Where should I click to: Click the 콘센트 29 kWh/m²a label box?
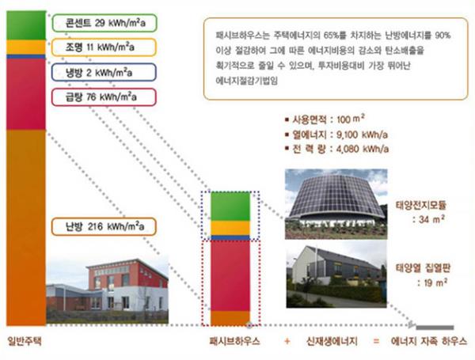[x=104, y=23]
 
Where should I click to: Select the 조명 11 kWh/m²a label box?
[x=104, y=47]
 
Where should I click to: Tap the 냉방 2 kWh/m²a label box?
[x=104, y=72]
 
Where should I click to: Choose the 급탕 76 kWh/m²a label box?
[x=104, y=97]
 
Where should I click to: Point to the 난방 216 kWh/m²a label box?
[x=104, y=226]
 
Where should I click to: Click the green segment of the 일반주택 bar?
[x=26, y=25]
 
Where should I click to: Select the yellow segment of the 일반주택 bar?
[x=26, y=47]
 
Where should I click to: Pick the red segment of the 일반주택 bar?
[x=26, y=94]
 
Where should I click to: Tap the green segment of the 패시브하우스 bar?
[x=230, y=207]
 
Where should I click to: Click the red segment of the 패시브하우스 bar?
[x=230, y=275]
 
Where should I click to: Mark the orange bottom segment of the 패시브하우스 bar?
[x=230, y=318]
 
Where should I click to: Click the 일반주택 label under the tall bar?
[x=25, y=341]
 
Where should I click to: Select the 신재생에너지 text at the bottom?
[x=332, y=341]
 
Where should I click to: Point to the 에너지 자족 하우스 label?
[x=428, y=341]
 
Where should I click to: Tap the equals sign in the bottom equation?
[x=376, y=342]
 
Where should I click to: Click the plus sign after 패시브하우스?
[x=287, y=342]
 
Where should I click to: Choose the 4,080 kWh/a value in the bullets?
[x=363, y=149]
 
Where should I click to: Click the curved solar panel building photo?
[x=336, y=204]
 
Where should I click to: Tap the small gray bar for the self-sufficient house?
[x=435, y=328]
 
